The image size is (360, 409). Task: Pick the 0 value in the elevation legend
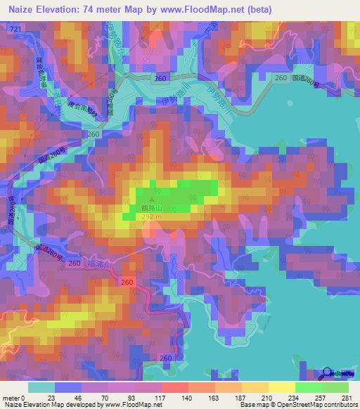coord(26,398)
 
